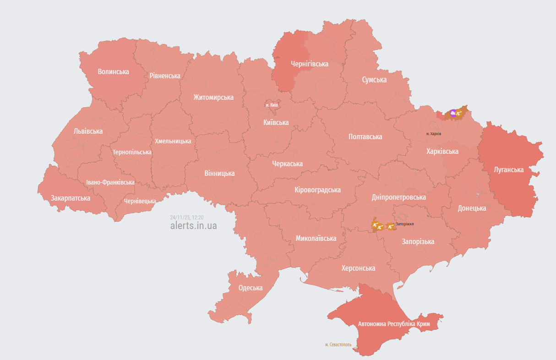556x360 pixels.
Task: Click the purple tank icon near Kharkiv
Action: coord(453,113)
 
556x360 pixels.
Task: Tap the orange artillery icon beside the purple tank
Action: coord(459,113)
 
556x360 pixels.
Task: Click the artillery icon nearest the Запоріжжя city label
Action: coord(391,226)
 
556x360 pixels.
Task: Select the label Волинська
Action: coord(113,71)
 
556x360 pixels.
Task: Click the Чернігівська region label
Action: coord(310,64)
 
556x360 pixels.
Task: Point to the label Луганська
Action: coord(508,169)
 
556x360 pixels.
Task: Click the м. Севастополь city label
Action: coord(338,344)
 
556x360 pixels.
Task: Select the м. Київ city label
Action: coord(272,105)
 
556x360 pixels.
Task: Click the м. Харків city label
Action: coord(433,134)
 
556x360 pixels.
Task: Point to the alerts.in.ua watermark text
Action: coord(193,226)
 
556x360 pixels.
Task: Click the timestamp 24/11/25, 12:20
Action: coord(186,218)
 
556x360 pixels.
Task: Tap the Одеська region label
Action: coord(251,288)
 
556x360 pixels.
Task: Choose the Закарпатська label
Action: coord(71,198)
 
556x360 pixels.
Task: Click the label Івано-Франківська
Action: coord(110,182)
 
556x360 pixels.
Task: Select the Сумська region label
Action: coord(374,80)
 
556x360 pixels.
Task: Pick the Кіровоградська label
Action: coord(317,190)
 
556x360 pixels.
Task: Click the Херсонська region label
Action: coord(358,268)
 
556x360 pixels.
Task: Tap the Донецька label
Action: coord(472,208)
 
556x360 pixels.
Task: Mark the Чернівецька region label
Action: coord(140,201)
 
